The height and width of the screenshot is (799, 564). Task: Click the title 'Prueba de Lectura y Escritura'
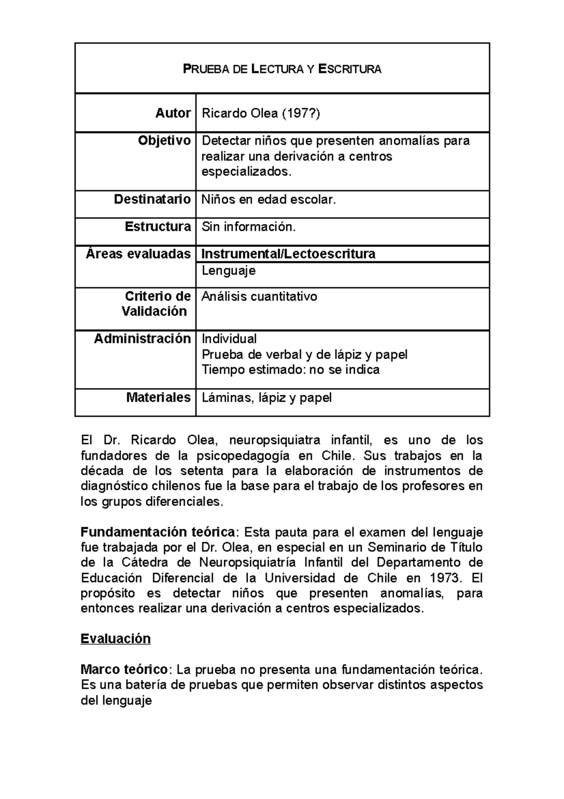pos(282,70)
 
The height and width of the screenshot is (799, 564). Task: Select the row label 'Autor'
pos(173,113)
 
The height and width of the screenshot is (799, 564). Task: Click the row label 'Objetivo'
pos(164,141)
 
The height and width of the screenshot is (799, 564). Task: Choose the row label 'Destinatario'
pos(152,199)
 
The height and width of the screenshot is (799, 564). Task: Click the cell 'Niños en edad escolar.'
pos(269,200)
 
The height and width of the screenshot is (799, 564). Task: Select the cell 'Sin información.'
pos(249,227)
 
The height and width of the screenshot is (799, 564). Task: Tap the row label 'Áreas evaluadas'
pos(138,254)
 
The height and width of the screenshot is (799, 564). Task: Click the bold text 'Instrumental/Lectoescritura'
pos(288,254)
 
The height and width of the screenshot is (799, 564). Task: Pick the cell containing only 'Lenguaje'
pos(228,271)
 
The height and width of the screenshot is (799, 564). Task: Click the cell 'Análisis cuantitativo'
pos(259,296)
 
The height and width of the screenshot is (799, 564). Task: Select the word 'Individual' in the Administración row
pos(229,339)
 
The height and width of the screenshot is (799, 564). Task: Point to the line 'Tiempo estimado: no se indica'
pos(290,370)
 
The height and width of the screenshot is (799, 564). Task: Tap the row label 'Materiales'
pos(158,398)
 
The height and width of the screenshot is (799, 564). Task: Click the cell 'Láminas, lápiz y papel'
pos(266,398)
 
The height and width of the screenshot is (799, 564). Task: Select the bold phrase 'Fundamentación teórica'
pos(158,532)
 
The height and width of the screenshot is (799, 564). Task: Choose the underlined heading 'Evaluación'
pos(116,639)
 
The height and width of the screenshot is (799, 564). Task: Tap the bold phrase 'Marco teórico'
pos(124,669)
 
